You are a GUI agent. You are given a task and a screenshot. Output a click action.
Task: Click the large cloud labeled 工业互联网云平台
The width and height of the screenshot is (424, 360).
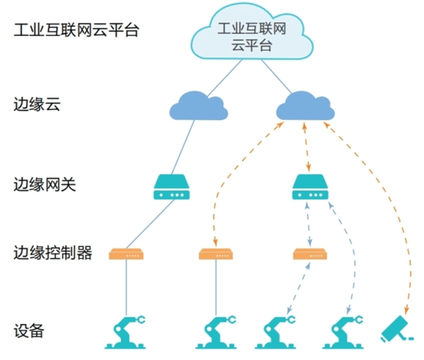[x=252, y=33]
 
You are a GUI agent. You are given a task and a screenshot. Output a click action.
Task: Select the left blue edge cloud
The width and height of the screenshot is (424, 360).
[x=199, y=106]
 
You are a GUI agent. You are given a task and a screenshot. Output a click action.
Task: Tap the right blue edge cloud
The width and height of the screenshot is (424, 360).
[x=305, y=106]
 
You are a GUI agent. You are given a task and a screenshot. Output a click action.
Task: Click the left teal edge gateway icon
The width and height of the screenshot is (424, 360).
[x=171, y=187]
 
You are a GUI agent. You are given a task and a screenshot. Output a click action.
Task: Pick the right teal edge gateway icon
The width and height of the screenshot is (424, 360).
[x=310, y=187]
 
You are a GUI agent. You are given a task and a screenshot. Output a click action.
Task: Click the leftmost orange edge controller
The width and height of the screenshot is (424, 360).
[x=126, y=254]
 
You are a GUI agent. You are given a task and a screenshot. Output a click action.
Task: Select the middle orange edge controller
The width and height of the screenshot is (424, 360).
[x=216, y=254]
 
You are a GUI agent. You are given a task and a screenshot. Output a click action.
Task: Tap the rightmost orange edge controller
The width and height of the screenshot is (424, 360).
[x=310, y=254]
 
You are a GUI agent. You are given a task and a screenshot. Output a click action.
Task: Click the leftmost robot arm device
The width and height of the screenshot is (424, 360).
[x=125, y=332]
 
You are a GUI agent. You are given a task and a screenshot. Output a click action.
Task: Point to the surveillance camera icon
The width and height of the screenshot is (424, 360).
[x=396, y=330]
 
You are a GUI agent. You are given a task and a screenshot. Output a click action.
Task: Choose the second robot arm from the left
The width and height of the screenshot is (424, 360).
[x=216, y=332]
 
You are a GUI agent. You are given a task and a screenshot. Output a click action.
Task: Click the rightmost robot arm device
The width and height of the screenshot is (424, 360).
[x=343, y=332]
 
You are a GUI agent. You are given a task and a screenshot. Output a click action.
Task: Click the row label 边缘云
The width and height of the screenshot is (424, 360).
[x=37, y=104]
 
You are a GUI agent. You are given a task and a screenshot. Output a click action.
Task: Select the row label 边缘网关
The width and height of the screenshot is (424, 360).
[x=45, y=185]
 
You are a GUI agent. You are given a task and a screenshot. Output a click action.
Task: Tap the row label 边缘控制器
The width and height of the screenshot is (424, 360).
[x=53, y=253]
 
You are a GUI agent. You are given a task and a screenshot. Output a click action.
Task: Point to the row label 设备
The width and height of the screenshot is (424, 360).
[x=29, y=330]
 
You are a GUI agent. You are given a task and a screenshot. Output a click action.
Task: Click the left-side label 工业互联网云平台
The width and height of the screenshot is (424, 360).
[x=76, y=30]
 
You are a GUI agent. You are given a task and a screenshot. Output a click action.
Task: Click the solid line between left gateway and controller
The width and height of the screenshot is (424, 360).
[x=150, y=224]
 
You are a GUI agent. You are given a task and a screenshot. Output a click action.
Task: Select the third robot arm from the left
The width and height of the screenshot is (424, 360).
[x=276, y=332]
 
